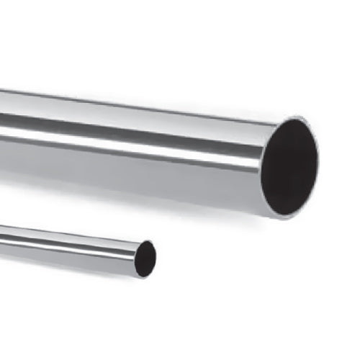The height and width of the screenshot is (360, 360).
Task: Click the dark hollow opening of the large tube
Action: [x=289, y=165]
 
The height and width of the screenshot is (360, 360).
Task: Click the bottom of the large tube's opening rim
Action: [x=277, y=215]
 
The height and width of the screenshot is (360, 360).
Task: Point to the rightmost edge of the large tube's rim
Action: [x=318, y=155]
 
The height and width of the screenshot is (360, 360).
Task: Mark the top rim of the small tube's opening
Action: [x=149, y=241]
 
